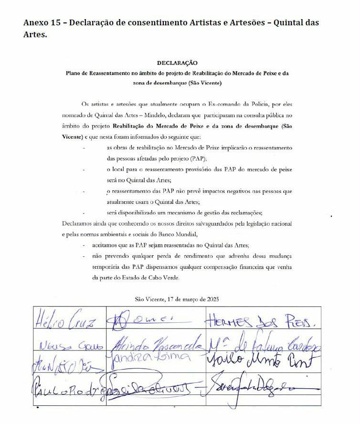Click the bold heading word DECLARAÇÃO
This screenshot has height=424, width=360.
click(177, 63)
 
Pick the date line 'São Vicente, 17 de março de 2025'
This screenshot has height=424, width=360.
click(177, 299)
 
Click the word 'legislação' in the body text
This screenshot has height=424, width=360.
click(263, 223)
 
